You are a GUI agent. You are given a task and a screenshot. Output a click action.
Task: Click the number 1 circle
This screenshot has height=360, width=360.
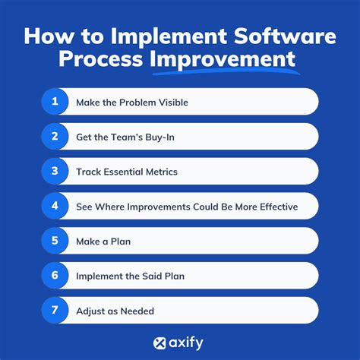tap(55, 101)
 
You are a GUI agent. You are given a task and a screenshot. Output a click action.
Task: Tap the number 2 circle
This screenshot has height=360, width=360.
tap(55, 136)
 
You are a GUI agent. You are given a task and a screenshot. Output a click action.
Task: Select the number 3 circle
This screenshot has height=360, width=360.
tap(55, 171)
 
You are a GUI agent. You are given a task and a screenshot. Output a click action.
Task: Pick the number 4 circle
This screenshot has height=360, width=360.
tap(55, 206)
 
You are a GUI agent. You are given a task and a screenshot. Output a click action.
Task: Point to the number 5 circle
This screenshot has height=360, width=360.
tap(55, 241)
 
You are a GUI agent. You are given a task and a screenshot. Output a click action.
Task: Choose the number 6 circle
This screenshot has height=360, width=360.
tap(55, 276)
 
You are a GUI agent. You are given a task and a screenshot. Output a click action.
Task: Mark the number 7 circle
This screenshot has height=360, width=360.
tap(55, 311)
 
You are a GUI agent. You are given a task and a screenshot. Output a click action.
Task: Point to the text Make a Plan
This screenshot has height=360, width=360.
tap(103, 242)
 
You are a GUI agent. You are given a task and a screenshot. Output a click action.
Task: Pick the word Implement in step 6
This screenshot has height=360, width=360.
tap(99, 276)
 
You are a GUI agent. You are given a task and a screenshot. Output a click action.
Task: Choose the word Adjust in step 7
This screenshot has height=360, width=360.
tap(91, 311)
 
